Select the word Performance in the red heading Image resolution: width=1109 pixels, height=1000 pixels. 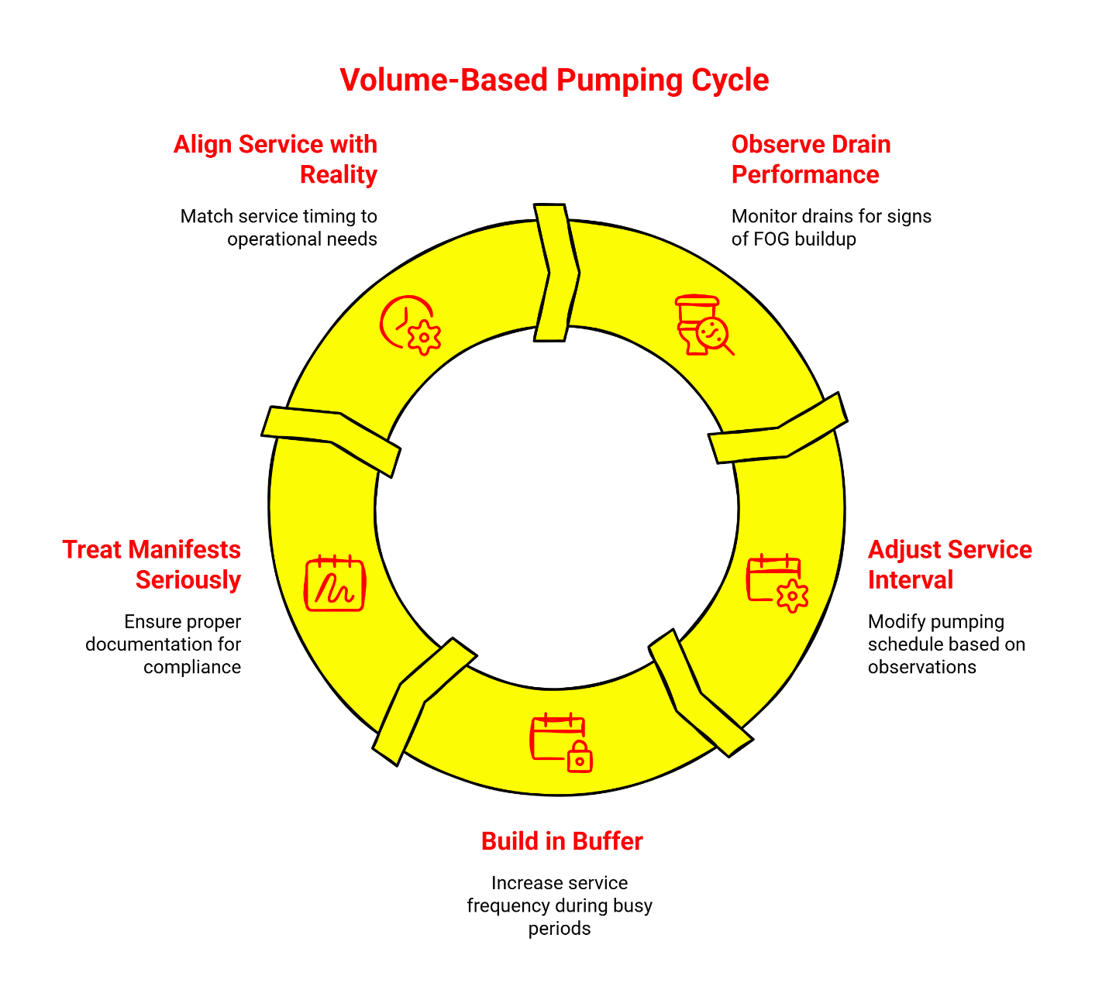805,175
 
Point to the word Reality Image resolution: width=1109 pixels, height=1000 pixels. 338,175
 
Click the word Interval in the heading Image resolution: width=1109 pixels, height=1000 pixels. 910,580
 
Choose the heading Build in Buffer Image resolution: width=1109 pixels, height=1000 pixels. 562,841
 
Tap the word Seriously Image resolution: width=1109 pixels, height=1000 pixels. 188,580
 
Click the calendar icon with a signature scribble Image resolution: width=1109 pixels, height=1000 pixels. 335,583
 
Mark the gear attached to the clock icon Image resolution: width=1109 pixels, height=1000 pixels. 424,338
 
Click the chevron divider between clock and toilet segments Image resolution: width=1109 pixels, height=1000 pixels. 557,273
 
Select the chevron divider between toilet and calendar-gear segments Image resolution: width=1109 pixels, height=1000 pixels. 778,429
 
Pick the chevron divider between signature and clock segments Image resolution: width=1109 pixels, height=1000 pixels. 332,439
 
